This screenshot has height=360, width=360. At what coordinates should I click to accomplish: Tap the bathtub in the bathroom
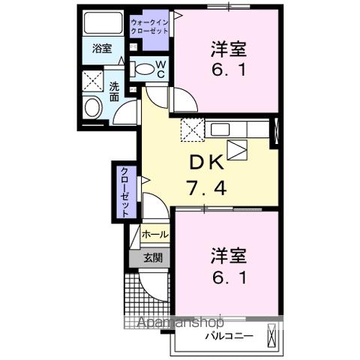coord(102,23)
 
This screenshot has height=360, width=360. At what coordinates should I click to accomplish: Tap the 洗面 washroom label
coord(114,91)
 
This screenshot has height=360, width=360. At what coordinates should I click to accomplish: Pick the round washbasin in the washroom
coord(93,106)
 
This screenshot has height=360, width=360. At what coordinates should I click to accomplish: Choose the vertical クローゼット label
coord(124,190)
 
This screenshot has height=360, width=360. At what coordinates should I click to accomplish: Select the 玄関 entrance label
coord(153,258)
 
